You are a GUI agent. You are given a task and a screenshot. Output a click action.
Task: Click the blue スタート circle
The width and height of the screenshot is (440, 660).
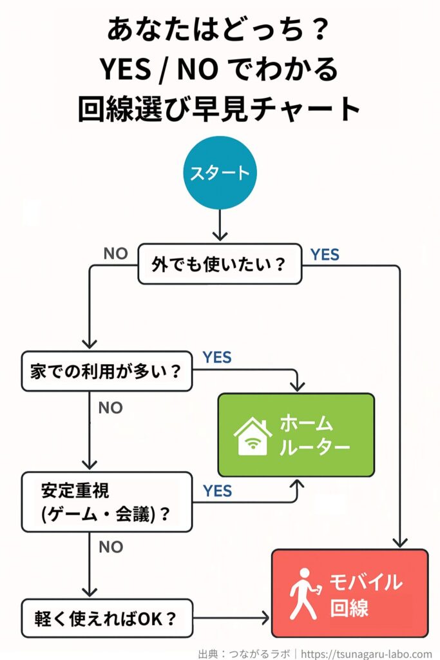pyautogui.click(x=220, y=173)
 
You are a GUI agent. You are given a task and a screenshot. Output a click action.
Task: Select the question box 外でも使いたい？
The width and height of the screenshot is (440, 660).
pyautogui.click(x=220, y=264)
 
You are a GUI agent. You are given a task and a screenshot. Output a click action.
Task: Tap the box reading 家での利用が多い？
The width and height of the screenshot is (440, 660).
pyautogui.click(x=106, y=371)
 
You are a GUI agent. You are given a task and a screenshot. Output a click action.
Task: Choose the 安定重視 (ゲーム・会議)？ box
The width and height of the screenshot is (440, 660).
pyautogui.click(x=106, y=502)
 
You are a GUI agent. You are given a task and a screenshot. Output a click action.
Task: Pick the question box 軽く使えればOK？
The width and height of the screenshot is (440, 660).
pyautogui.click(x=106, y=619)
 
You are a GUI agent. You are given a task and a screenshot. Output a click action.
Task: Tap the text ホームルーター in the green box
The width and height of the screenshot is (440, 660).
pyautogui.click(x=314, y=435)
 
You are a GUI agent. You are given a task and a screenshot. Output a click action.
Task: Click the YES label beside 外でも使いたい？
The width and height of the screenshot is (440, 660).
pyautogui.click(x=324, y=255)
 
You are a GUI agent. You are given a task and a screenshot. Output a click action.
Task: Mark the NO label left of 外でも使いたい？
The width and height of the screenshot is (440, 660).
pyautogui.click(x=115, y=254)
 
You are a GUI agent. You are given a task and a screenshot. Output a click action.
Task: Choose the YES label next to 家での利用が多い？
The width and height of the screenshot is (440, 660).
pyautogui.click(x=217, y=358)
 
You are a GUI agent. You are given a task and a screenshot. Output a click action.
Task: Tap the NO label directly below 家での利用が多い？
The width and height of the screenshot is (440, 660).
pyautogui.click(x=110, y=408)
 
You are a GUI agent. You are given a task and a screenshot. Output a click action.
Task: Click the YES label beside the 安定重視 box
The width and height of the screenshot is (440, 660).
pyautogui.click(x=217, y=492)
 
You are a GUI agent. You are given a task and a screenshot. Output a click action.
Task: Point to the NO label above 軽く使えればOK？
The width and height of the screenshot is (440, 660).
pyautogui.click(x=110, y=547)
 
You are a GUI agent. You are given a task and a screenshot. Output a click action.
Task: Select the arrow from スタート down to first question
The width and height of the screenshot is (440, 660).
pyautogui.click(x=220, y=226)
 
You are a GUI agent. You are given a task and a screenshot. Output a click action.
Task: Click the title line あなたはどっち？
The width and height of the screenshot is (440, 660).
pyautogui.click(x=220, y=30)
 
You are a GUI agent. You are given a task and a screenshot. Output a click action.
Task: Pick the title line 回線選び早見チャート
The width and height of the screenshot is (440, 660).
pyautogui.click(x=220, y=108)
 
